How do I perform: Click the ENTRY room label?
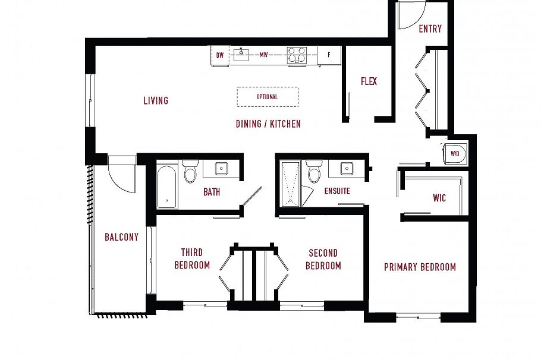[x=430, y=29]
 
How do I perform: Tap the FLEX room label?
[x=369, y=81]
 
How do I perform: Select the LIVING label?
[x=156, y=100]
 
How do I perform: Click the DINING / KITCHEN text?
[x=268, y=124]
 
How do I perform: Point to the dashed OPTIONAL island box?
[x=267, y=97]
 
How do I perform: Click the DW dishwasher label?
[x=220, y=56]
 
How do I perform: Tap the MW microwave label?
[x=263, y=55]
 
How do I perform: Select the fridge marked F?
[x=329, y=55]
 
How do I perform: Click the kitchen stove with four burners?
[x=296, y=55]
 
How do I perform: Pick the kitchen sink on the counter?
[x=241, y=55]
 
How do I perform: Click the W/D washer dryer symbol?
[x=455, y=153]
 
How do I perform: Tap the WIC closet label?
[x=439, y=197]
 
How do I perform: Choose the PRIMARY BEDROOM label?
[x=420, y=267]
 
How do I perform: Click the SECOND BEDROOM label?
[x=323, y=259]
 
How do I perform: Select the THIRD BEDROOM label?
[x=192, y=259]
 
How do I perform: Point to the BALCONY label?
[x=121, y=237]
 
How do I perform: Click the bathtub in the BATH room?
[x=167, y=185]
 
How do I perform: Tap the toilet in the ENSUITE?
[x=313, y=172]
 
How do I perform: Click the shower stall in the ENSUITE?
[x=291, y=184]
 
